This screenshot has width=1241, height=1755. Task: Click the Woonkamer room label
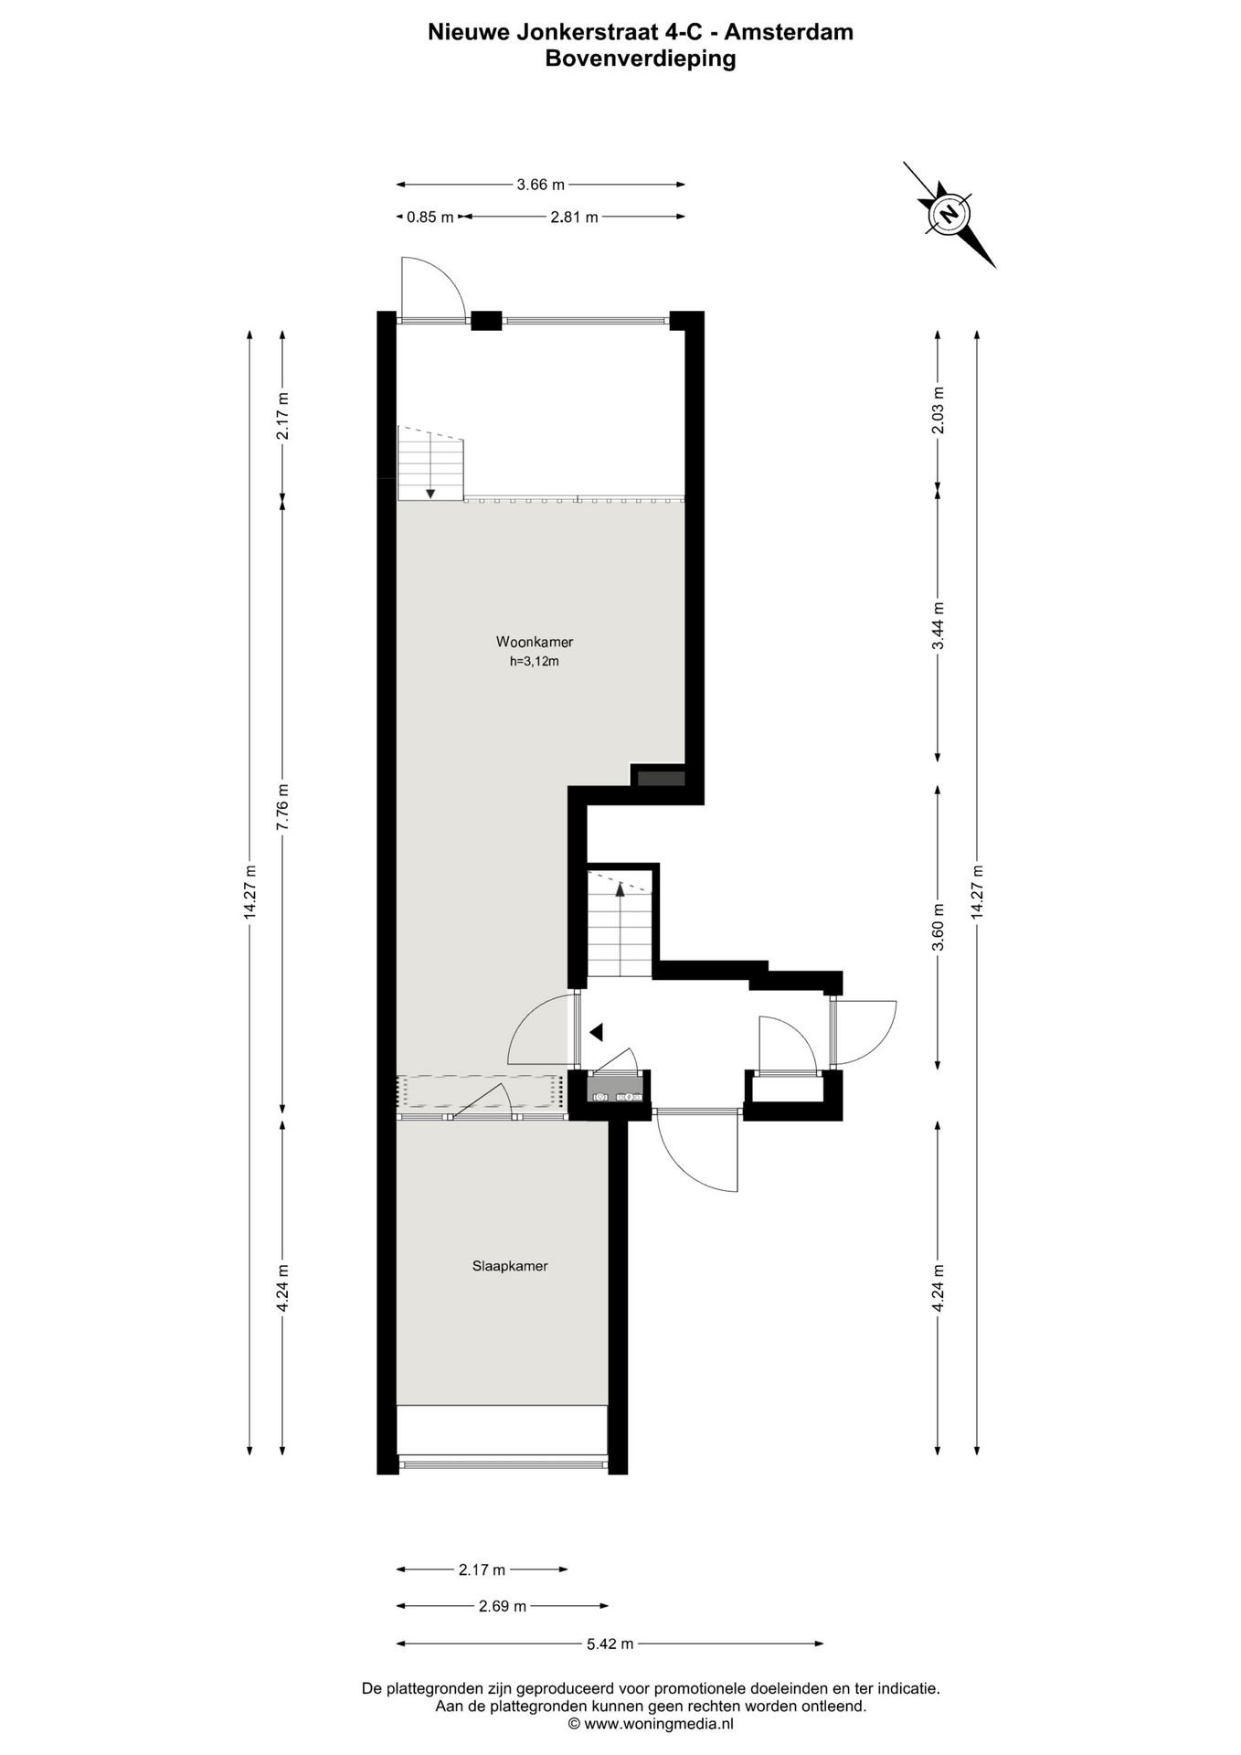click(534, 642)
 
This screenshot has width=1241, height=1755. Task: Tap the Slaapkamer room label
click(510, 1266)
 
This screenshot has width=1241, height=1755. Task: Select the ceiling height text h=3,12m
click(534, 662)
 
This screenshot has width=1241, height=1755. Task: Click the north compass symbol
click(949, 215)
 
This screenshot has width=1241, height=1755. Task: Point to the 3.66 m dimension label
click(541, 185)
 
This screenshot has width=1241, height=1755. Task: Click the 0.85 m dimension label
click(430, 218)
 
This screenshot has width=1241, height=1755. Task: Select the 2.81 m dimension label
click(574, 218)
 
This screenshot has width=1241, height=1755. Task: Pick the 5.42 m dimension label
click(610, 1643)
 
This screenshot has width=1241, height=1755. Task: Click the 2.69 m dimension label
click(503, 1606)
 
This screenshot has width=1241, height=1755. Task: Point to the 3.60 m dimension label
click(938, 927)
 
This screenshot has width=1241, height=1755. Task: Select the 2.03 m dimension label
click(938, 407)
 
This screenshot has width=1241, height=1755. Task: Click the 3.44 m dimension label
click(938, 625)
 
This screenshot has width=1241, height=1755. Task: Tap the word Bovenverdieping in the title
click(640, 59)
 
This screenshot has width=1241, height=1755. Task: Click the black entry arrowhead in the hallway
click(596, 1032)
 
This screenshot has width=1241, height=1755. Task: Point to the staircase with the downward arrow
click(430, 463)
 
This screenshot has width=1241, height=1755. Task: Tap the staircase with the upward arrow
click(619, 925)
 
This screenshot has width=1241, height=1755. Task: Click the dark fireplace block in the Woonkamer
click(661, 778)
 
